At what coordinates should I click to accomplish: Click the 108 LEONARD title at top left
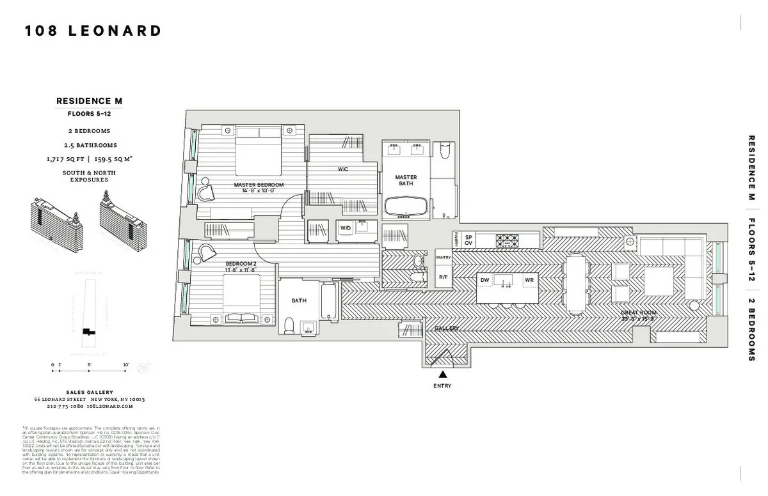click(x=93, y=31)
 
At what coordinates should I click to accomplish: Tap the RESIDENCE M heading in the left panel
click(x=89, y=101)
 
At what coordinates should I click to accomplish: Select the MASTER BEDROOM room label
click(x=259, y=185)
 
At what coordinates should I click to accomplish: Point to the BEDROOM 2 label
click(x=241, y=263)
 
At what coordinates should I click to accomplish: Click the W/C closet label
click(x=343, y=169)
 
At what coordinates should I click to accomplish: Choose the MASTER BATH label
click(x=405, y=180)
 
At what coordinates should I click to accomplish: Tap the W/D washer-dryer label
click(x=345, y=228)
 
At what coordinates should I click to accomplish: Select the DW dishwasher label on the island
click(x=485, y=281)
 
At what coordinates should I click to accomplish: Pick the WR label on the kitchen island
click(x=529, y=281)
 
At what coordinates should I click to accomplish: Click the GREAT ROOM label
click(x=638, y=313)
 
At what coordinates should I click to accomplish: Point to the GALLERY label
click(x=447, y=328)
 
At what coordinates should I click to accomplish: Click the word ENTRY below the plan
click(x=442, y=386)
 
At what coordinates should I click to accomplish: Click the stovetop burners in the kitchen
click(x=508, y=240)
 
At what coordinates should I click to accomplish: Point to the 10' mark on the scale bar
click(x=126, y=365)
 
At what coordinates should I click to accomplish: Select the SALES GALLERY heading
click(x=90, y=392)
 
